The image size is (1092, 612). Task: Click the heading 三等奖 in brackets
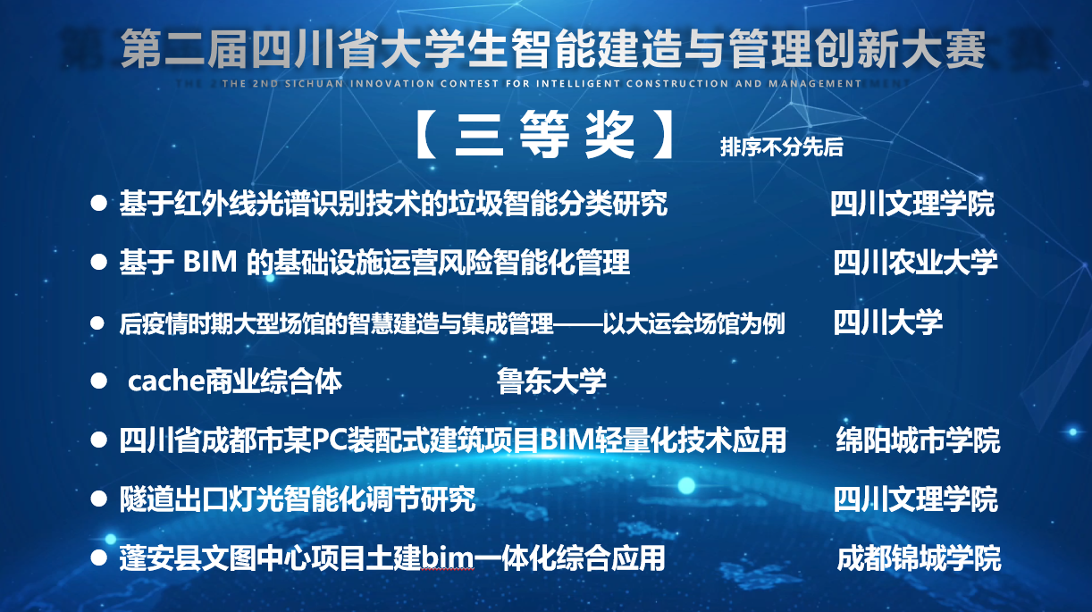pos(544,134)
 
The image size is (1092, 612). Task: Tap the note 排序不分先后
pos(781,147)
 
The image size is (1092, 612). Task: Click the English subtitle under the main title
pos(542,83)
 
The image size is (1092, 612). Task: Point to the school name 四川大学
pos(887,322)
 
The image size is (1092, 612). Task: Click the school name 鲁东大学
pos(551,381)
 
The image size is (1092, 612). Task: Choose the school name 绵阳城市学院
pos(918,440)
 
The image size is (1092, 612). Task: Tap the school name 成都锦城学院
pos(919,558)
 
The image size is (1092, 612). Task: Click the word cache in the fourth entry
pos(165,381)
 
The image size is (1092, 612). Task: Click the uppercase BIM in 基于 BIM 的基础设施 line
pos(210,262)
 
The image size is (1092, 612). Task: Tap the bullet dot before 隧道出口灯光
pos(98,499)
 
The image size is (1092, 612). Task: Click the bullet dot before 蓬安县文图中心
pos(98,558)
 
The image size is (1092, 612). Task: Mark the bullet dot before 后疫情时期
pos(97,323)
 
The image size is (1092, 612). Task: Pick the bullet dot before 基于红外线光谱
pos(98,203)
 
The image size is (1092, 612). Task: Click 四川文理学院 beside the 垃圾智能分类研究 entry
pos(912,203)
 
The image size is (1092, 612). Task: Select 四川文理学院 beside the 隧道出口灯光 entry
pos(915,499)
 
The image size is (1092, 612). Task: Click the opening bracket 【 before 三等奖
pos(425,134)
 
